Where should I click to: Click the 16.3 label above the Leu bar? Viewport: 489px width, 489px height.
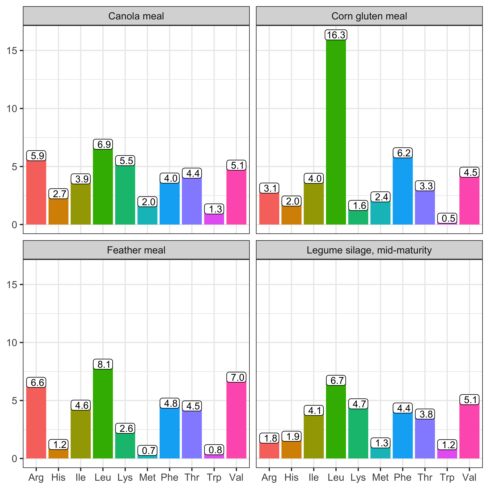336,35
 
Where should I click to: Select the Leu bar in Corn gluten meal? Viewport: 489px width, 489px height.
336,132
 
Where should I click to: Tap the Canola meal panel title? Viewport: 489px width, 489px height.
136,16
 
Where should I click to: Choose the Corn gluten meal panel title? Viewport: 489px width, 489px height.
369,16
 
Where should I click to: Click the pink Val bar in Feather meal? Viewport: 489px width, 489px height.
236,420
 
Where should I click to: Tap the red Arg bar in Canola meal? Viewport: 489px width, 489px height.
36,192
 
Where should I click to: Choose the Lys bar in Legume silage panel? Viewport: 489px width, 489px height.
358,434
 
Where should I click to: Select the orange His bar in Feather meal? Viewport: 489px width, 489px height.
58,454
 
